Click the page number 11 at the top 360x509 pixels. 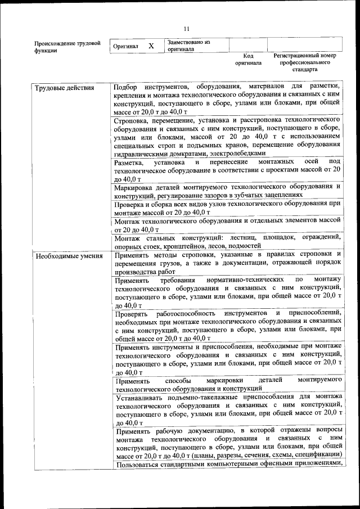coord(186,29)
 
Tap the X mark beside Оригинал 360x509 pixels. coord(151,46)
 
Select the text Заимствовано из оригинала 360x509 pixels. coord(188,46)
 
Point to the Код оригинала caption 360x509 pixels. coord(248,60)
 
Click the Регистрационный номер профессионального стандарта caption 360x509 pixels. coord(304,62)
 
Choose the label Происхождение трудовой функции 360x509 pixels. coord(67,46)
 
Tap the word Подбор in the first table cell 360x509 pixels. coord(125,88)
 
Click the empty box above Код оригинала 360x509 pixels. coord(247,45)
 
